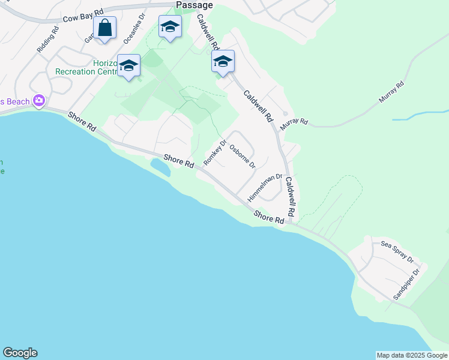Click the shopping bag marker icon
tap(104, 28)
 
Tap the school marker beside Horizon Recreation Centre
tap(128, 65)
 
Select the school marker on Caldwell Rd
tap(223, 61)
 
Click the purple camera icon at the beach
tap(40, 100)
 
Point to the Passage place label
tap(194, 5)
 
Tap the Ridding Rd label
tap(48, 39)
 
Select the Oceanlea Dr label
tap(134, 29)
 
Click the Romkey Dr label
tap(215, 152)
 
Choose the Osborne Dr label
tap(243, 157)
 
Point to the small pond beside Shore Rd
tap(160, 167)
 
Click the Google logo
tap(20, 353)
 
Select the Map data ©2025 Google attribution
tap(412, 355)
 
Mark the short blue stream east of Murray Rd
tap(420, 115)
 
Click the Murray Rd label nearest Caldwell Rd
tap(294, 122)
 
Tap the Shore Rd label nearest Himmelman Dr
tap(268, 217)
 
